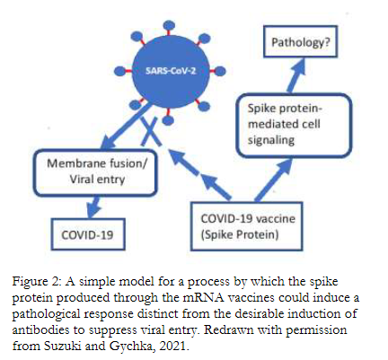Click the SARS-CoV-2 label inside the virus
pyautogui.click(x=171, y=71)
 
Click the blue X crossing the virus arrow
pyautogui.click(x=151, y=132)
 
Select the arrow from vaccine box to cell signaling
pyautogui.click(x=273, y=180)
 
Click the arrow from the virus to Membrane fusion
pyautogui.click(x=126, y=126)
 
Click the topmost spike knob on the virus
pyautogui.click(x=170, y=25)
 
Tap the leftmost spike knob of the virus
pyautogui.click(x=119, y=71)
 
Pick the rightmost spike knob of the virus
pyautogui.click(x=220, y=71)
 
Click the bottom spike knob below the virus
pyautogui.click(x=168, y=120)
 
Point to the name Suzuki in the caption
pyautogui.click(x=63, y=346)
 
